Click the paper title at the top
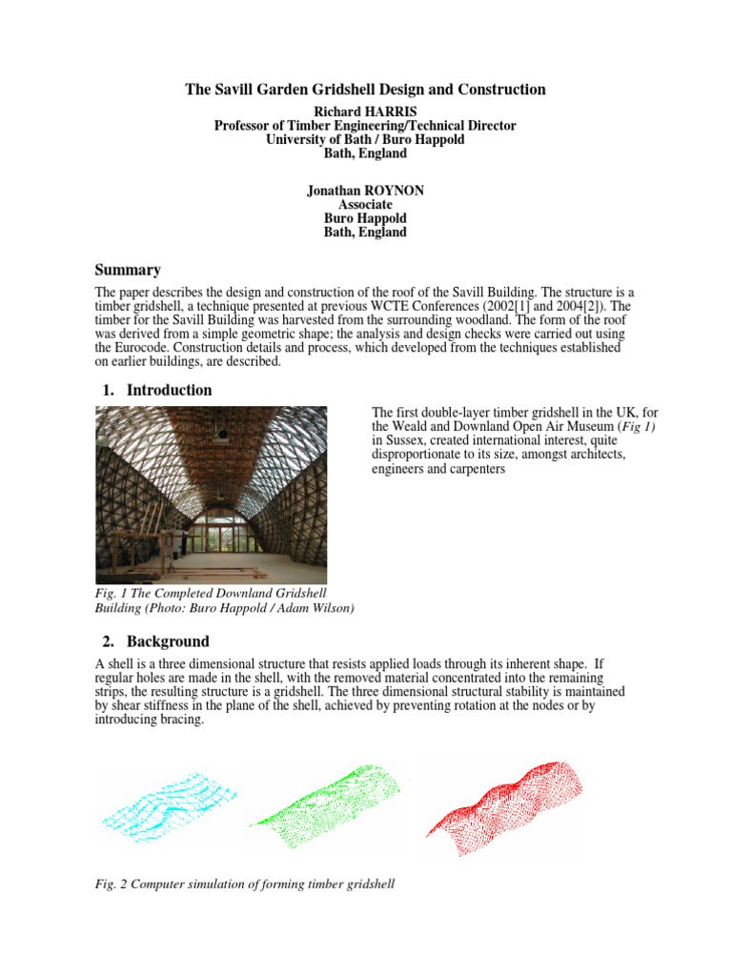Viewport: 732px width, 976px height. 365,90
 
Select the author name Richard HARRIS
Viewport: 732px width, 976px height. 365,111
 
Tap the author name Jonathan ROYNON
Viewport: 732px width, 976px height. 365,191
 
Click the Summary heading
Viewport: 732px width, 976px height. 128,270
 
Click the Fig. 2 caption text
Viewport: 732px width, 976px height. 245,884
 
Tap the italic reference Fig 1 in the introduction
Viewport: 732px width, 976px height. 637,427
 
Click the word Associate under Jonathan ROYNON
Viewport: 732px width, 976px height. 365,205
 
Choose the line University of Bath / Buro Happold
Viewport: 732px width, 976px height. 365,138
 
